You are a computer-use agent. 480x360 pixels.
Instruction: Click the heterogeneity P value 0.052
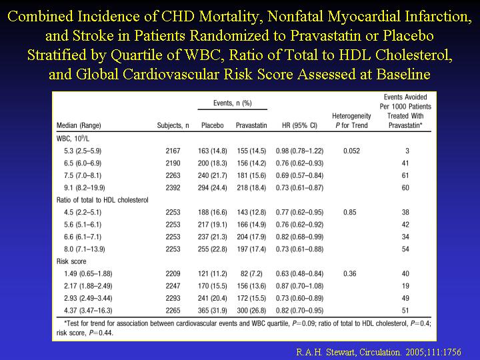point(351,151)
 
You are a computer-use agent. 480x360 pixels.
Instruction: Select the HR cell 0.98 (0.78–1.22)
point(299,151)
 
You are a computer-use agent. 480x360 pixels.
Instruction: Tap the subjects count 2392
point(173,187)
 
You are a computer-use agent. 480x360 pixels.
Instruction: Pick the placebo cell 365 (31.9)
point(213,311)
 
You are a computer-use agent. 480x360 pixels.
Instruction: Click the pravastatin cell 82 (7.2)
point(251,274)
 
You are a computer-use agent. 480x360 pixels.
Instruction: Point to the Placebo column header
point(213,125)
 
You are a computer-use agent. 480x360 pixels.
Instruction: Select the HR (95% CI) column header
point(299,125)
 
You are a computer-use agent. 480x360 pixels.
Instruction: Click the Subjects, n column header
point(173,125)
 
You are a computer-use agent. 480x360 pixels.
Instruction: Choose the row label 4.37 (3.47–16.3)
point(88,311)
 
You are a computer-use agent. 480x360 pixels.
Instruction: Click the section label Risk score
point(71,261)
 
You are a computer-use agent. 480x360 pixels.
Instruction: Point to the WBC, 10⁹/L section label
point(73,139)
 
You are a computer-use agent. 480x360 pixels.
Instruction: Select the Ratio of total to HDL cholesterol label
point(103,200)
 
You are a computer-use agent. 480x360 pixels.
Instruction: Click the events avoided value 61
point(405,175)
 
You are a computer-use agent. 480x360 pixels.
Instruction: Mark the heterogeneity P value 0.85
point(350,212)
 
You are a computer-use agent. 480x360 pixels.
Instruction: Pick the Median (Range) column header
point(79,125)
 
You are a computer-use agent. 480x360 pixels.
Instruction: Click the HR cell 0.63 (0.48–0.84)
point(299,274)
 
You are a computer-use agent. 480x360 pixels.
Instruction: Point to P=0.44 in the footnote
point(101,333)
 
